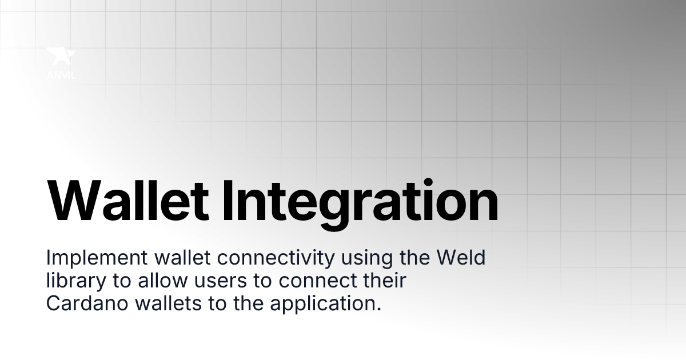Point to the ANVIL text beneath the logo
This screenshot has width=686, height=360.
[x=61, y=74]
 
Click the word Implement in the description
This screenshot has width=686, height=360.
[x=97, y=258]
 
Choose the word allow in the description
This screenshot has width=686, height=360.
[x=158, y=281]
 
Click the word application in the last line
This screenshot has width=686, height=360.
[x=323, y=304]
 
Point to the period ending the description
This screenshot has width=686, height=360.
[x=378, y=309]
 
